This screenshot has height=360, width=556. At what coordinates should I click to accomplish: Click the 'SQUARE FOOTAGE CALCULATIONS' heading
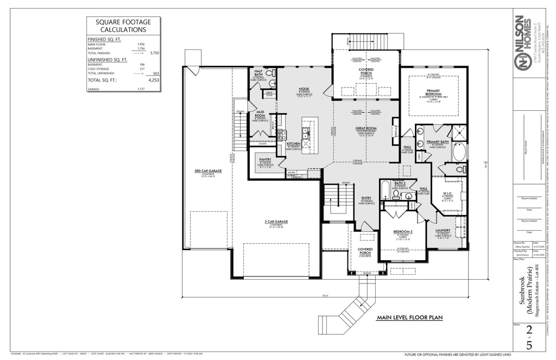pos(123,26)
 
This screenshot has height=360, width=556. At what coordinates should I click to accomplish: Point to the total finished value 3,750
pos(154,53)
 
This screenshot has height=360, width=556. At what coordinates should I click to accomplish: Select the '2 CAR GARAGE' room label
pos(277,222)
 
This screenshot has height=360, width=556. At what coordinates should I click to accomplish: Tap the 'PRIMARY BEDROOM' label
pos(433,93)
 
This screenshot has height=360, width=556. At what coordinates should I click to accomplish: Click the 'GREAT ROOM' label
pos(367,129)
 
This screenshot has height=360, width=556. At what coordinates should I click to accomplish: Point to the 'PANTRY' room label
pos(265,160)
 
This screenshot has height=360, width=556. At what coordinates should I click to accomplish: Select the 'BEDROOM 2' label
pos(403,232)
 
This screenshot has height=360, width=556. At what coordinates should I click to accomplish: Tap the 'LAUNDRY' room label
pos(443,230)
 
